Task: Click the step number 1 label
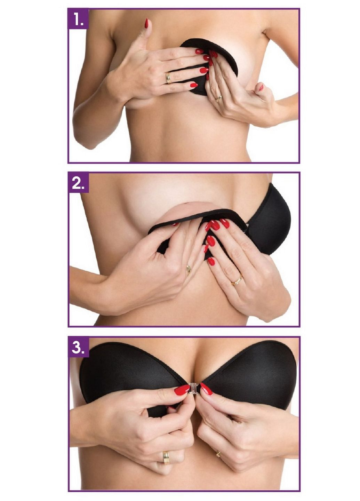pyautogui.click(x=79, y=19)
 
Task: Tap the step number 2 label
pyautogui.click(x=79, y=183)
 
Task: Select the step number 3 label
pyautogui.click(x=79, y=346)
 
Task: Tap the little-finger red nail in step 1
pyautogui.click(x=193, y=85)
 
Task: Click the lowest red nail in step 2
pyautogui.click(x=211, y=261)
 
